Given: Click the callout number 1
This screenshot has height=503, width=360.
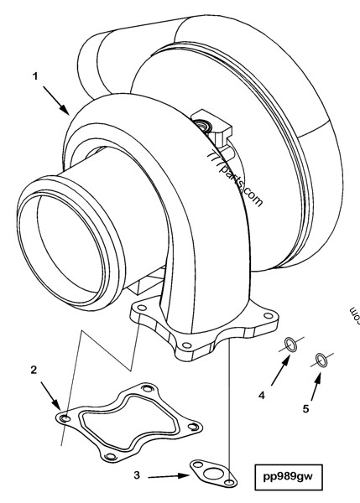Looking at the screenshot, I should pyautogui.click(x=36, y=75).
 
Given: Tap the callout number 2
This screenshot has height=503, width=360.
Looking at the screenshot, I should pyautogui.click(x=33, y=370).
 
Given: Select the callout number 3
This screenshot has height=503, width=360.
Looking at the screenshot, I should pyautogui.click(x=137, y=474).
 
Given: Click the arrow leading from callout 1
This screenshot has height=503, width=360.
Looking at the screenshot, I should pyautogui.click(x=57, y=102).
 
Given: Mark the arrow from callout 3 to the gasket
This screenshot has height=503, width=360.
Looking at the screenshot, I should pyautogui.click(x=169, y=475).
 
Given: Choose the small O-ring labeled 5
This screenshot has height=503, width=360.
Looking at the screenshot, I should pyautogui.click(x=321, y=360).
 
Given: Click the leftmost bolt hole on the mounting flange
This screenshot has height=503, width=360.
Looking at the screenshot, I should pyautogui.click(x=138, y=311).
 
